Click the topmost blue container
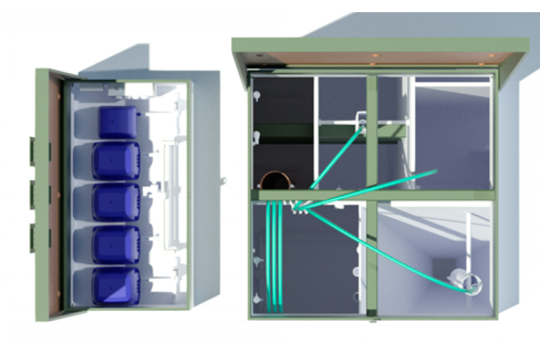(118, 122)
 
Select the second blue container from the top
(116, 161)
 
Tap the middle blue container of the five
(116, 202)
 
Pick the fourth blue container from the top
(116, 244)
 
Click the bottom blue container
(116, 286)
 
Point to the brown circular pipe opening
(276, 181)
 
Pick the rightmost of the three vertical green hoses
(280, 256)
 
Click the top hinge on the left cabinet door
(33, 151)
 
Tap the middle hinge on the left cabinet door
(33, 194)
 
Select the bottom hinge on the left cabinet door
(33, 238)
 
